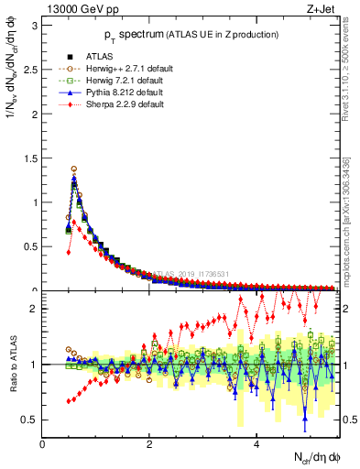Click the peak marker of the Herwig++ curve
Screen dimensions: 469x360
pos(73,169)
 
